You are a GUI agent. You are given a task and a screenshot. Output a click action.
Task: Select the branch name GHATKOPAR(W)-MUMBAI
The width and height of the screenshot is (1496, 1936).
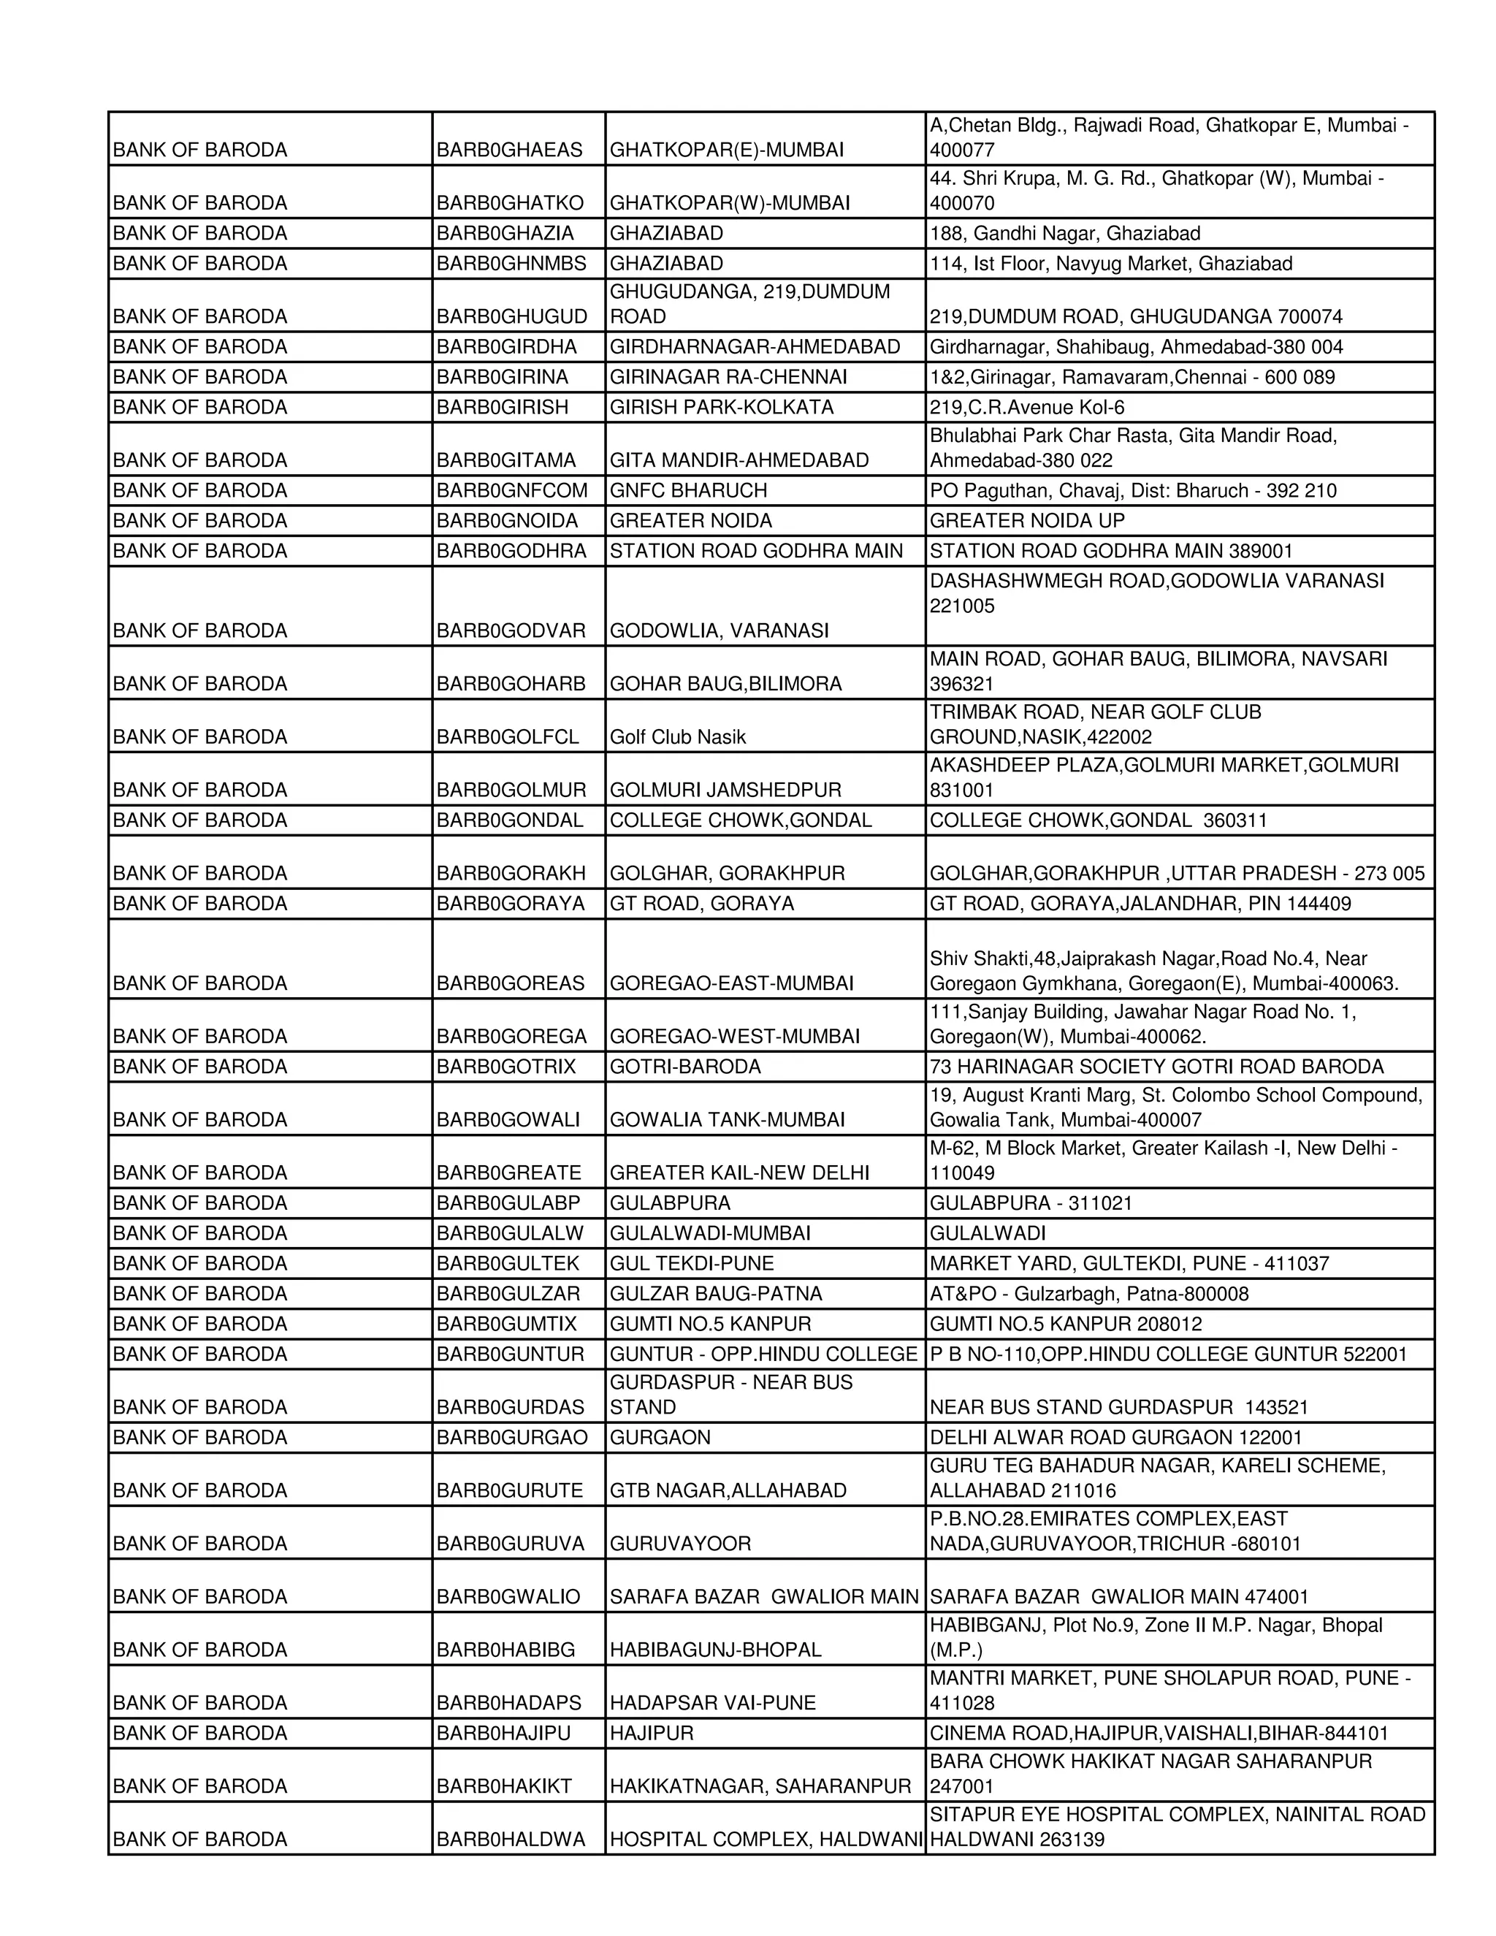730,203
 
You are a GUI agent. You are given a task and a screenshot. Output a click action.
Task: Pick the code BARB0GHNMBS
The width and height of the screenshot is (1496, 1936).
511,263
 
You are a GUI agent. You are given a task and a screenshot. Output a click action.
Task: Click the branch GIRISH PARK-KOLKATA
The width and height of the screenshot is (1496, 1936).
722,407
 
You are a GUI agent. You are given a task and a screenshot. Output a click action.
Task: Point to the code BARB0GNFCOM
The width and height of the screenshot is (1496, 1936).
511,490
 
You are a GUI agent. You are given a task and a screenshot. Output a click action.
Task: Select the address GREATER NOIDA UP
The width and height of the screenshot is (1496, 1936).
1026,520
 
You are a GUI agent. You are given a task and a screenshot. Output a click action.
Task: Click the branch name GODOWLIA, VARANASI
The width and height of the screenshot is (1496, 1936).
719,630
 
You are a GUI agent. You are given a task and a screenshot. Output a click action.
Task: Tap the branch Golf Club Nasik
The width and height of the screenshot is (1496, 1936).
677,736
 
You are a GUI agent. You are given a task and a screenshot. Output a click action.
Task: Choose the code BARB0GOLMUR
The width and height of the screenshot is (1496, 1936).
511,790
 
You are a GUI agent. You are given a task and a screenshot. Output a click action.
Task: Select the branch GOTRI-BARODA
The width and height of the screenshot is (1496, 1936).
685,1067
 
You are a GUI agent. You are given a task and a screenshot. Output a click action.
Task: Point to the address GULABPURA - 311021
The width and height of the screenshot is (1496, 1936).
1030,1203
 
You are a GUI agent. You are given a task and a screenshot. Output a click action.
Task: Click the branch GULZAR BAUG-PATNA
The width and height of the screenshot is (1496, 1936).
715,1293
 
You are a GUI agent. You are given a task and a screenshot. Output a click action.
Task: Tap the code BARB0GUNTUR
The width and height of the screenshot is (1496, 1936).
510,1354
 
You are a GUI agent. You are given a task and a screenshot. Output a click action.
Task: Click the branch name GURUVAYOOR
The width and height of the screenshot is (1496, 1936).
680,1543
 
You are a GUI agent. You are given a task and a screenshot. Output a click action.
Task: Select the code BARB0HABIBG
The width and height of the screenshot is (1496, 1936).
505,1650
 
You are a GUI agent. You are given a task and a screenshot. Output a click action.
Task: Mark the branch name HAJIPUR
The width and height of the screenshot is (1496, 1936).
652,1733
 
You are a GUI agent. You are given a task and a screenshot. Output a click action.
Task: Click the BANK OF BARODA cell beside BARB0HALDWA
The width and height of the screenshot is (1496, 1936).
200,1840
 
